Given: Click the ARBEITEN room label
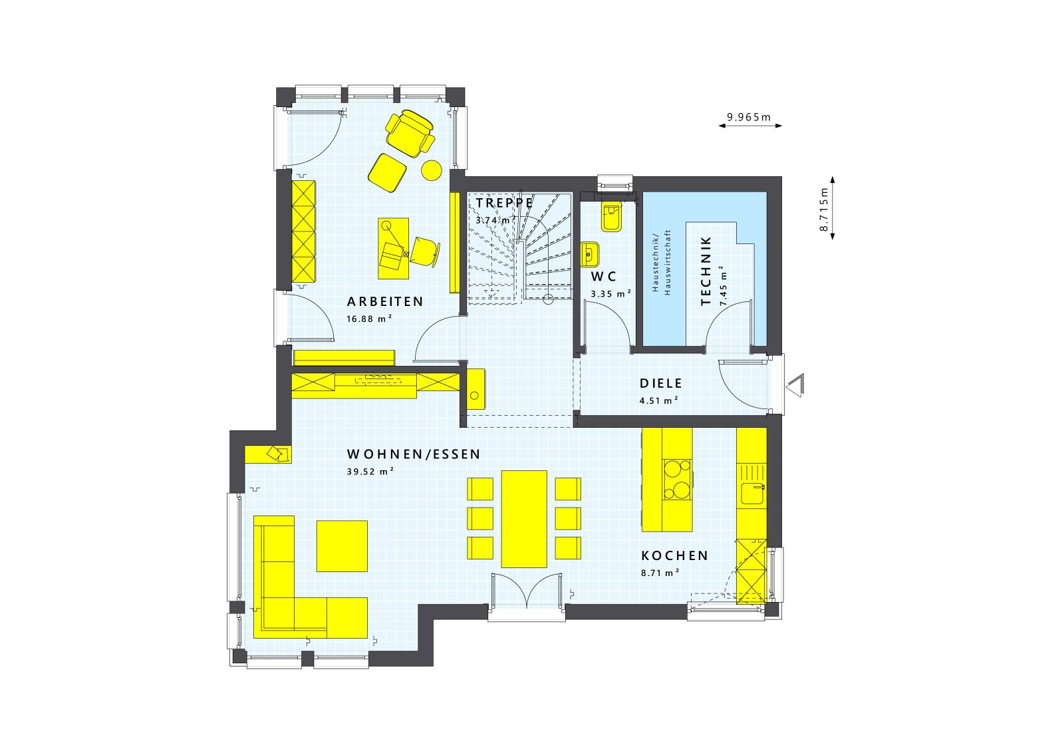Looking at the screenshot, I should tap(385, 302).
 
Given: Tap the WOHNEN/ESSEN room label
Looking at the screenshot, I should tap(413, 455).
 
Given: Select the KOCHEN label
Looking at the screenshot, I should tap(674, 556).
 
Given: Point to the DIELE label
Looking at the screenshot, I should tap(661, 384).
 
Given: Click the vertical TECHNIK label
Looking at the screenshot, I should tap(706, 271).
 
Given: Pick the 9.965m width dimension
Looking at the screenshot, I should tap(749, 118).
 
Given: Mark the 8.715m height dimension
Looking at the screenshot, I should tap(824, 209).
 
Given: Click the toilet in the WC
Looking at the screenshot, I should tap(611, 217).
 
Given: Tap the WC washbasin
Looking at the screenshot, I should tap(590, 253).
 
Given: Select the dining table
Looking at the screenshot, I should tap(524, 519).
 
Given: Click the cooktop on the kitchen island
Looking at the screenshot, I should tap(677, 479).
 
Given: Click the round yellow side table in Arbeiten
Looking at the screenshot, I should tap(432, 170).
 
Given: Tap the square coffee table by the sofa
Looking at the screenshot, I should tap(342, 545).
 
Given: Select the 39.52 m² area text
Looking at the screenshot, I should tap(370, 472).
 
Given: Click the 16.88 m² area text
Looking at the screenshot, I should tap(369, 319).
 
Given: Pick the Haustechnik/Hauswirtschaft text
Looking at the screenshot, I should tap(662, 262).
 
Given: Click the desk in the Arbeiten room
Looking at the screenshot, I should tap(393, 248).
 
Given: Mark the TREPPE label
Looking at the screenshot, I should tap(504, 202).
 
